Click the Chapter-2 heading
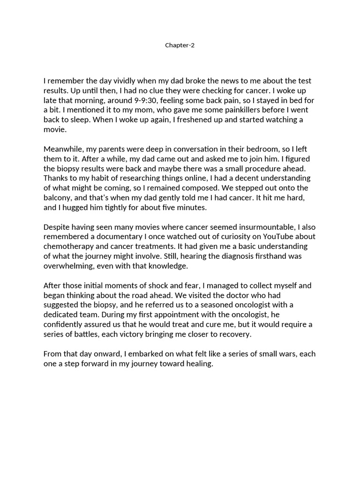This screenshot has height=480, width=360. (x=180, y=45)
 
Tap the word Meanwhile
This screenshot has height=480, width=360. (x=64, y=149)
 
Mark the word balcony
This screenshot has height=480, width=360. (x=57, y=198)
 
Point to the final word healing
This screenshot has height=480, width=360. (x=199, y=364)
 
